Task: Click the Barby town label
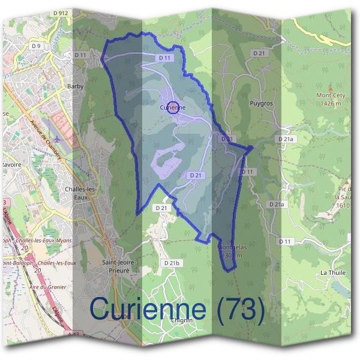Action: pyautogui.click(x=76, y=86)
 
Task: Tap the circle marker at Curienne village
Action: pyautogui.click(x=173, y=107)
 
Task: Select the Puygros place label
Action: pyautogui.click(x=261, y=103)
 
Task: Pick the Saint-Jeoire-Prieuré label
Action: pyautogui.click(x=119, y=266)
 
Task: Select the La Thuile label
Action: pyautogui.click(x=331, y=272)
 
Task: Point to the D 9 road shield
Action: pyautogui.click(x=37, y=46)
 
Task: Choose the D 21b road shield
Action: pyautogui.click(x=172, y=263)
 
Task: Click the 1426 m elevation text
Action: pyautogui.click(x=331, y=103)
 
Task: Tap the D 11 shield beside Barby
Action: pyautogui.click(x=81, y=55)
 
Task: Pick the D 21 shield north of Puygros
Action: pyautogui.click(x=259, y=53)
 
